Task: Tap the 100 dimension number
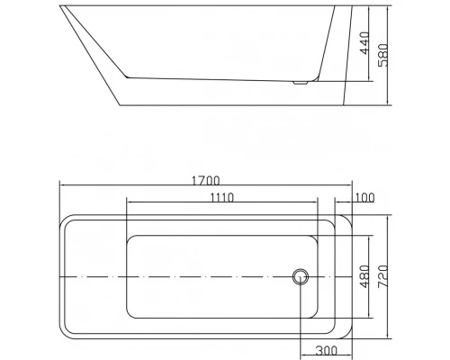tap(364, 197)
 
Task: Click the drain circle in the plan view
tap(299, 276)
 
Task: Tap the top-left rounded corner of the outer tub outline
tap(65, 220)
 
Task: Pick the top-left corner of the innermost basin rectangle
tap(129, 238)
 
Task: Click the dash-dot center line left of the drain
tap(180, 276)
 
